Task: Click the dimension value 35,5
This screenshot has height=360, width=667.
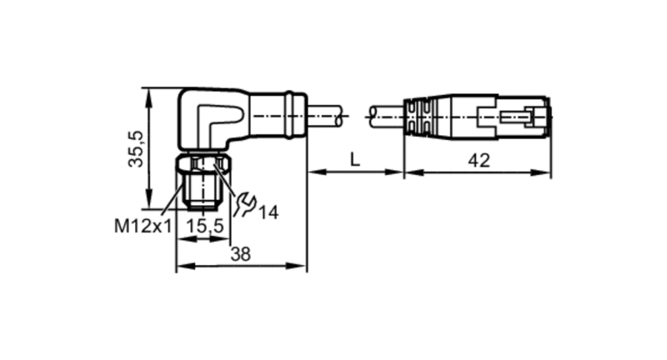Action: (137, 148)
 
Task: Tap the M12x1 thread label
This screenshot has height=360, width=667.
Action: (143, 227)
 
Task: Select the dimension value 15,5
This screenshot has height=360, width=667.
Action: (205, 226)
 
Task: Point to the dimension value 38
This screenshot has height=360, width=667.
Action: (240, 254)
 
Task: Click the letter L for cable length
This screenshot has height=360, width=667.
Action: (355, 160)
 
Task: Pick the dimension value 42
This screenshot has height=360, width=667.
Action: (479, 160)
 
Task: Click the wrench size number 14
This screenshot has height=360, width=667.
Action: (268, 212)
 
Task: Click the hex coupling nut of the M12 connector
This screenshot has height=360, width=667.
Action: (204, 163)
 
